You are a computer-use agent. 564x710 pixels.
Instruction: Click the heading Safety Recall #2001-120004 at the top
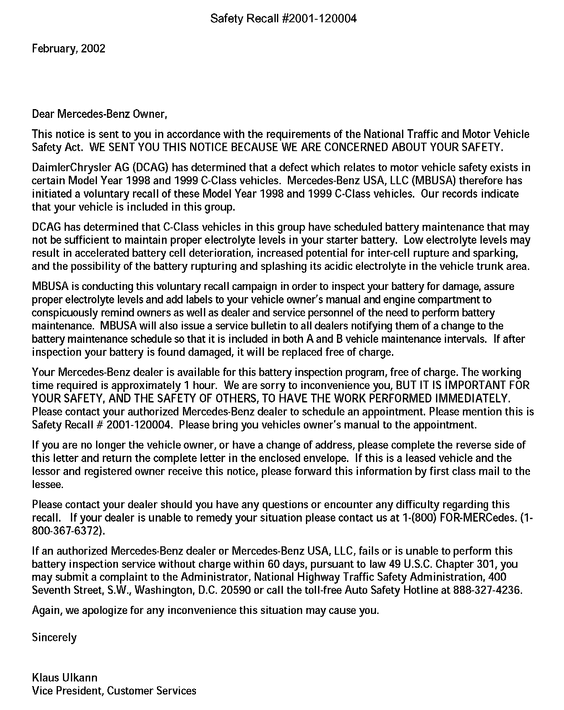tap(283, 18)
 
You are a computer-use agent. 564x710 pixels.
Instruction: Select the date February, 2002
tap(68, 49)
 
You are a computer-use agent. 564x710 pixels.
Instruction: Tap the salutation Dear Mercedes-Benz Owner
tap(99, 114)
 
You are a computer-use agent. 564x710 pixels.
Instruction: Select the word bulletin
tap(267, 326)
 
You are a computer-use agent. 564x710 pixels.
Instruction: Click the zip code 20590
tap(236, 590)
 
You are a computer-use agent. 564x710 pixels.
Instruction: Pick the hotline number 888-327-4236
tap(487, 590)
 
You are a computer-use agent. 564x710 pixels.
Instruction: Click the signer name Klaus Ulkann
tap(65, 678)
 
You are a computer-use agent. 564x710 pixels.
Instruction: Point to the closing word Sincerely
tap(54, 638)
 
